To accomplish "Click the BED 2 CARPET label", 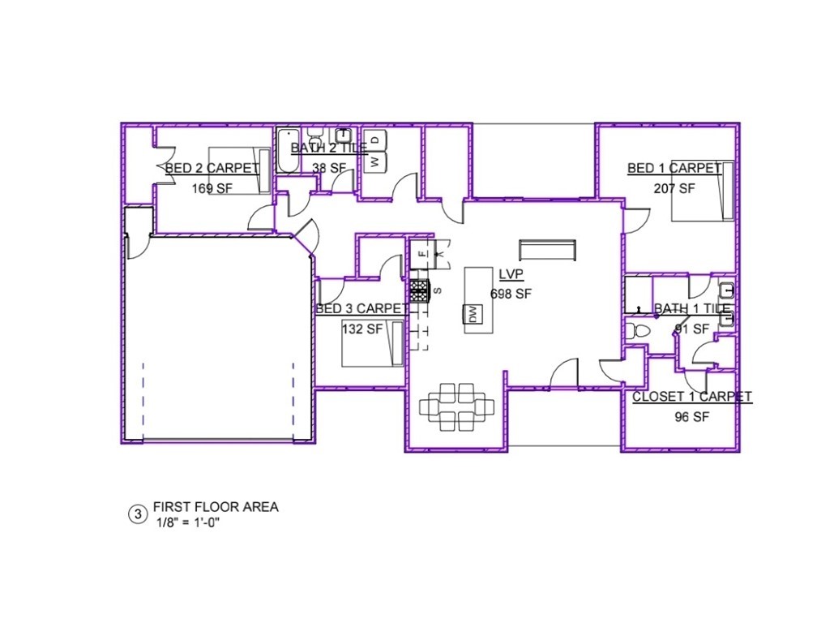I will pos(212,169).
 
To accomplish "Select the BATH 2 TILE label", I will pos(329,148).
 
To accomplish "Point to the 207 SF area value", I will pos(674,188).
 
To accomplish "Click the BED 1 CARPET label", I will pos(674,168).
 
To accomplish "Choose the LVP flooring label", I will pos(510,274).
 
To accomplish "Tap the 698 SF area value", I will pos(511,294).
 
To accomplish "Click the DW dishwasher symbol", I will pos(471,314).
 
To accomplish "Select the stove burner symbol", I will pos(418,290).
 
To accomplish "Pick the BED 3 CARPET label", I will pos(361,309).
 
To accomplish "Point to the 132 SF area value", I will pos(361,329).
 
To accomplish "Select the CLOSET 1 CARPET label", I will pos(691,397).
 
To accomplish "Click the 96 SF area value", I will pos(691,417).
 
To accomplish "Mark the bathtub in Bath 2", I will pos(289,151).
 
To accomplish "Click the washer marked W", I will pos(375,161).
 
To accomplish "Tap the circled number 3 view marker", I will pos(138,514).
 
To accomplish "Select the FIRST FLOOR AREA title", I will pos(216,507).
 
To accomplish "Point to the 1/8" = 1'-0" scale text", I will pos(188,522).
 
